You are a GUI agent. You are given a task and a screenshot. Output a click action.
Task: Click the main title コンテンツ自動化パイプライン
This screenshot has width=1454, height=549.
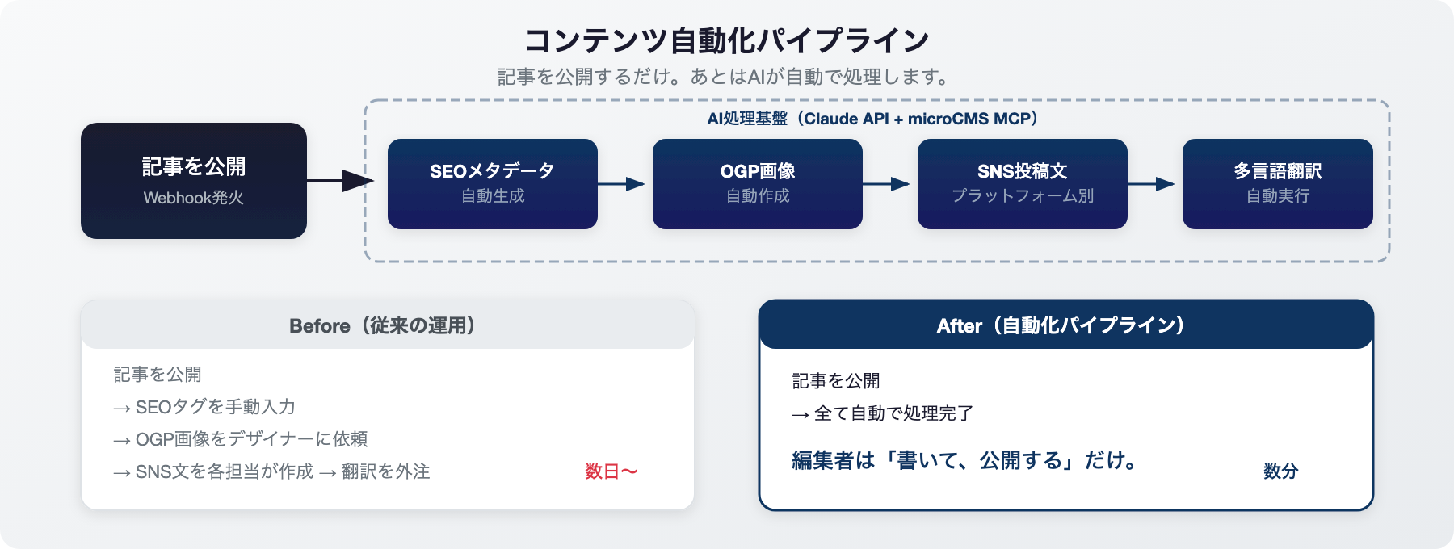(727, 40)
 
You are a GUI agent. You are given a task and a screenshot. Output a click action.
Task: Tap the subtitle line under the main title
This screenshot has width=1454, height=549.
(725, 77)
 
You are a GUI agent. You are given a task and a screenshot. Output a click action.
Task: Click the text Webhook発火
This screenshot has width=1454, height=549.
(194, 198)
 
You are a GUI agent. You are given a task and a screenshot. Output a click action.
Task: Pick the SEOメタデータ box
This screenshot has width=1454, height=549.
(493, 184)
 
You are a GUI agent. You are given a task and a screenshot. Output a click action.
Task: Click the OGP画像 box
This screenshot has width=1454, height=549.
(758, 184)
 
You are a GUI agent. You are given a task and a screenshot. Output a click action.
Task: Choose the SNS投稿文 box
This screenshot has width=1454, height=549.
(1023, 184)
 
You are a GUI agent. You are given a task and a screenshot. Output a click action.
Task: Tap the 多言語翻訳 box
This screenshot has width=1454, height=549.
(1278, 184)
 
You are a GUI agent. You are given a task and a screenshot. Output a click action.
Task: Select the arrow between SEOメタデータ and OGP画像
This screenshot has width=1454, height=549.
(622, 184)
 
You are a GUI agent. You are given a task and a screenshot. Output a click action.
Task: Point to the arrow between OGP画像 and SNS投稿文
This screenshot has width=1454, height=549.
(887, 184)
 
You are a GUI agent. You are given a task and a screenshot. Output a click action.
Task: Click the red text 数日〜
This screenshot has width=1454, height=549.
(611, 471)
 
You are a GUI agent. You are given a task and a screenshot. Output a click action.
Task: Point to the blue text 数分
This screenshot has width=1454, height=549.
(1281, 471)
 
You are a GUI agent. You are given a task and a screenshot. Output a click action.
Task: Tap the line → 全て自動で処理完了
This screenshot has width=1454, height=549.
(883, 413)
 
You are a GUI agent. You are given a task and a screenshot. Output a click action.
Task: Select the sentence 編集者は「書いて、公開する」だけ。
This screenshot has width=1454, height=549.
(965, 460)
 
